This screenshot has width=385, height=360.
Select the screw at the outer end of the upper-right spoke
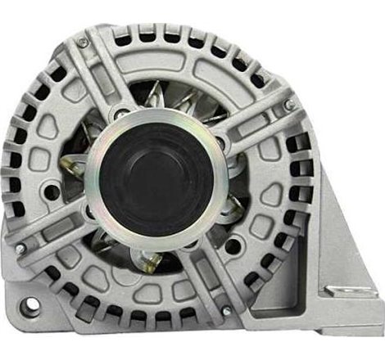coord(288,106)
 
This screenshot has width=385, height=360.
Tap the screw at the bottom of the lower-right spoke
coord(225,311)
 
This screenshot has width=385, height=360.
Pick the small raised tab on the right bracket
coord(337,289)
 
